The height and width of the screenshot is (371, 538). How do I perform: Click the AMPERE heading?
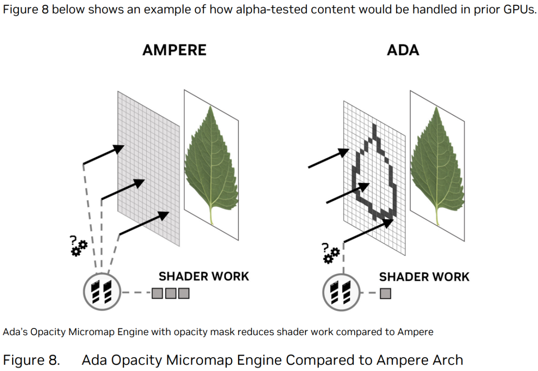coord(174,50)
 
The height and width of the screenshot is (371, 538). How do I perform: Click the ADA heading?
coord(403,50)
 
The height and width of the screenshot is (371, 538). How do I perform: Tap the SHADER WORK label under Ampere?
coord(204,276)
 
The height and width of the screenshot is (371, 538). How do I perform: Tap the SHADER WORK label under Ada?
coord(424,277)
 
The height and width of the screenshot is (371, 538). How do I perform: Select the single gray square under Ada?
coord(386,293)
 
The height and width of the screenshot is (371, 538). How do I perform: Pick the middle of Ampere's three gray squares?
coord(170,293)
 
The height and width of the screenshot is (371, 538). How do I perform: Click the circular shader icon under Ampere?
coord(102,292)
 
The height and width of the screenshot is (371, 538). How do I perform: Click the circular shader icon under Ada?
coord(341,292)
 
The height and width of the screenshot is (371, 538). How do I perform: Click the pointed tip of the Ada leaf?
coord(436,107)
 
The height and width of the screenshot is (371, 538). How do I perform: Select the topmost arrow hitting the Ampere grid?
coord(104,155)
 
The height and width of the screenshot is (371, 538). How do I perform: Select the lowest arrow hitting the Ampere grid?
coord(144,223)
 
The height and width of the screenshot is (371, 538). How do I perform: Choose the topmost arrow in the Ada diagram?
coord(329,158)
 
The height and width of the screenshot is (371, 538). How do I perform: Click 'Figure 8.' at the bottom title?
coord(31,360)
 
